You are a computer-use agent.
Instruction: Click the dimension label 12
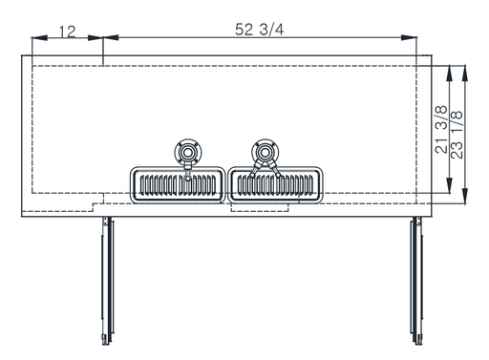pos(68,32)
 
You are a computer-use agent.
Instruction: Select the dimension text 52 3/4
pos(259,30)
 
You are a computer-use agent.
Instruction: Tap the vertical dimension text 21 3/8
pos(441,130)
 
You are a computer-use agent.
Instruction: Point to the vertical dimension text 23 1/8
pos(457,135)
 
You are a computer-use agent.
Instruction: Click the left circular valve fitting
pos(188,152)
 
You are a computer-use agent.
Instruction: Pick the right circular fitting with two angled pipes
pos(266,152)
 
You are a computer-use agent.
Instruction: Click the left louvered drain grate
pos(178,185)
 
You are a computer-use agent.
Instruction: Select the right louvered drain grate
pos(275,185)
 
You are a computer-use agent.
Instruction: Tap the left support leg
pos(107,281)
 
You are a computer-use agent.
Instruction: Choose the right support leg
pos(416,281)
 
